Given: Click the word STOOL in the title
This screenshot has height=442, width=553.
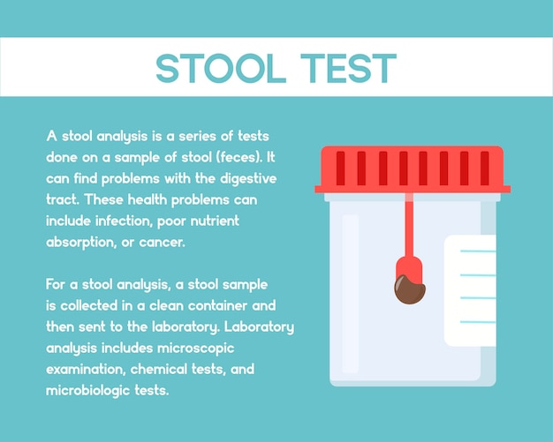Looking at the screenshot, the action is coord(221,68).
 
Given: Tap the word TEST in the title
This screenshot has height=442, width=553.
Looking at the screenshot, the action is coord(349,68).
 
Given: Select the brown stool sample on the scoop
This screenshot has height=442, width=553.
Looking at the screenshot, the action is coord(410,288).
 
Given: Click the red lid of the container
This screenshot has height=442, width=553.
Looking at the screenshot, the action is coord(413,169).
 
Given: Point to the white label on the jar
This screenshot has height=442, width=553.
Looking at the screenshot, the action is coord(470,290).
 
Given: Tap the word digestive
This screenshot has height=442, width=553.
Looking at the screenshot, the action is coord(248,179).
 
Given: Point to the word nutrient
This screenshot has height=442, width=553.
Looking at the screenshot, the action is coord(215,221).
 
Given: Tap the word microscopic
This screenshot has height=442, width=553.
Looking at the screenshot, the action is coord(196,348).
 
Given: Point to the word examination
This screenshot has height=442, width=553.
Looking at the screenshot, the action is coord(87,370).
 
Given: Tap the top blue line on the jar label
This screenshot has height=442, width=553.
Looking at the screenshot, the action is coord(478,251).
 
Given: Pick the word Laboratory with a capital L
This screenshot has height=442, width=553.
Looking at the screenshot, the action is coord(259,326).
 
